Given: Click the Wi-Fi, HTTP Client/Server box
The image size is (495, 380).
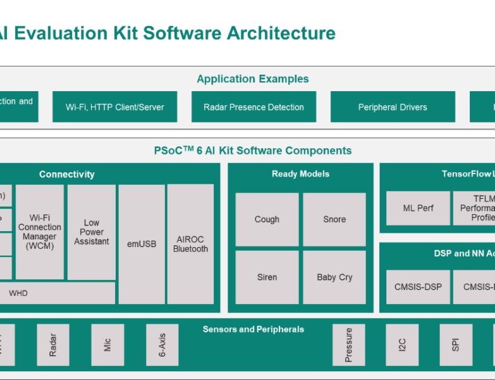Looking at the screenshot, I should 114,107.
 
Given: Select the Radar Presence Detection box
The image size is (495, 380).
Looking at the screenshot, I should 254,107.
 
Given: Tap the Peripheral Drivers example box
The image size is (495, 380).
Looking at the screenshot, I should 393,107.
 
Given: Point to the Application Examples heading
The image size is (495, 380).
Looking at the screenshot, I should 253,79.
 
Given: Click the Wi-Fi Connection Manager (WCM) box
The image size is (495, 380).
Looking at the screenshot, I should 40,232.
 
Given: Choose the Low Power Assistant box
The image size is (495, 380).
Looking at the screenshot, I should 92,232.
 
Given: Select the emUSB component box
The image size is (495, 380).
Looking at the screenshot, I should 141,244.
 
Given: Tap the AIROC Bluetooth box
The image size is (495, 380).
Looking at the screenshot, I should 190,244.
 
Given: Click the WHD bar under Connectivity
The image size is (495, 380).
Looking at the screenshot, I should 58,293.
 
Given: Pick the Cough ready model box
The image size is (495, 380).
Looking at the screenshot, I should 267,219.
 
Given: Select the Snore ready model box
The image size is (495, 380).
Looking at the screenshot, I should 334,219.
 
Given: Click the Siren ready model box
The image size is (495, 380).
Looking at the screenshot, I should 267,277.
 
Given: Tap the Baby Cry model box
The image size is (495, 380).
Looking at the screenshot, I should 334,277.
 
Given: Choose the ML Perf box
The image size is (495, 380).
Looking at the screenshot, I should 418,208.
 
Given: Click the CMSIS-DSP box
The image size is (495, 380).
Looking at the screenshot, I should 418,287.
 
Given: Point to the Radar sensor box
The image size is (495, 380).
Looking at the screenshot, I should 52,345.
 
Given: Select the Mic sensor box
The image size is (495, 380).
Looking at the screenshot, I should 107,345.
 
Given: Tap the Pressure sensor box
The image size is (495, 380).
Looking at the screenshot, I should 349,345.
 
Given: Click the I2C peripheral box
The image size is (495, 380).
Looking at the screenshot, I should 402,345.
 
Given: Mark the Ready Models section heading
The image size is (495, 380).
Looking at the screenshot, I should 301,174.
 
